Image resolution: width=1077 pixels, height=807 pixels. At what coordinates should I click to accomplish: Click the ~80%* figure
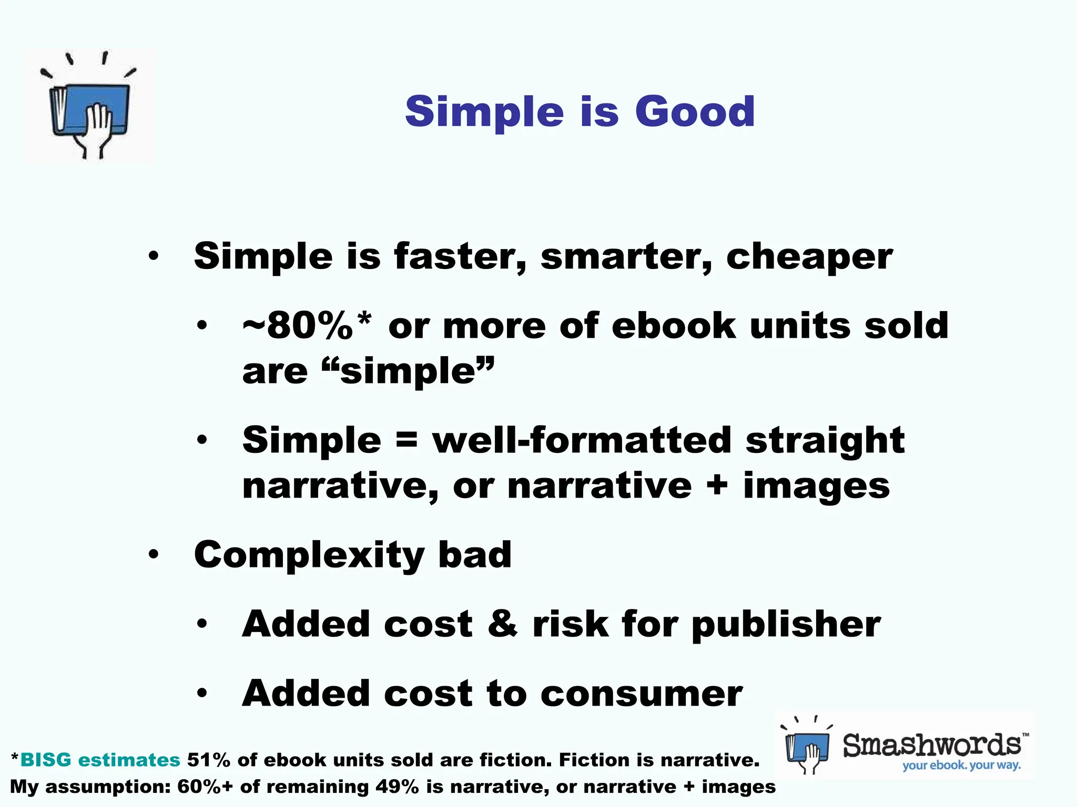[x=307, y=326]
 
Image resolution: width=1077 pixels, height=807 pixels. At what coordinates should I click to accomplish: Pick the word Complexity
[x=309, y=555]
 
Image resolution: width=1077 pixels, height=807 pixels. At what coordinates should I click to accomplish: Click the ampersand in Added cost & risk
[x=502, y=624]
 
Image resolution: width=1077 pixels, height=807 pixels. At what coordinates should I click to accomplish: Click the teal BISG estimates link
[x=100, y=760]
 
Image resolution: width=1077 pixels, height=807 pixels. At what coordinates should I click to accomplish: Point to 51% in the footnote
[x=208, y=760]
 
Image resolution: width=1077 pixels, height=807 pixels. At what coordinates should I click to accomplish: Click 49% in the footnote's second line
[x=397, y=787]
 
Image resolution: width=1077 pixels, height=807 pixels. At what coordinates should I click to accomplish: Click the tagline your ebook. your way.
[x=961, y=765]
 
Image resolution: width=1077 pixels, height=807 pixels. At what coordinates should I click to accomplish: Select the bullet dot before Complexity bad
[x=153, y=555]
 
